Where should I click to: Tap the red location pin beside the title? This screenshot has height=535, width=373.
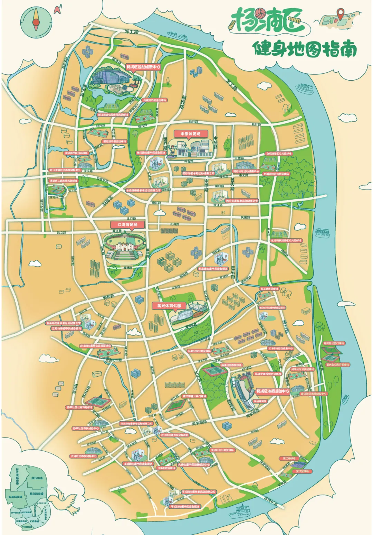click(341, 15)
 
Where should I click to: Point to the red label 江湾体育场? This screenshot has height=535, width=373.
click(127, 224)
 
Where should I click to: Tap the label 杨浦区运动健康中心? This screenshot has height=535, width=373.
click(143, 67)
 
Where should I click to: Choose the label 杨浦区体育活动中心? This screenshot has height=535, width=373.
click(272, 391)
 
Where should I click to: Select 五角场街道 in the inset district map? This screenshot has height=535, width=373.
click(16, 497)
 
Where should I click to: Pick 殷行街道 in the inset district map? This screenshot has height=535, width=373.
click(37, 478)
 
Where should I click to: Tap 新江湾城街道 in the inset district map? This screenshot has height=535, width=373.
click(17, 476)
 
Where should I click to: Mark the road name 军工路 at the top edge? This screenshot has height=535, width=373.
click(132, 32)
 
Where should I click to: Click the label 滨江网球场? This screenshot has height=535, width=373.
click(289, 458)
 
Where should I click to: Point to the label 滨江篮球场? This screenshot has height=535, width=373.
click(302, 471)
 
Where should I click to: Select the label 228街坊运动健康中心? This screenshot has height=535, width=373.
click(280, 349)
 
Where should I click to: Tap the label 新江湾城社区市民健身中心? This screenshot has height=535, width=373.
click(65, 170)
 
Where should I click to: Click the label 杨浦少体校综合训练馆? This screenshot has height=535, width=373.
click(268, 374)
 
